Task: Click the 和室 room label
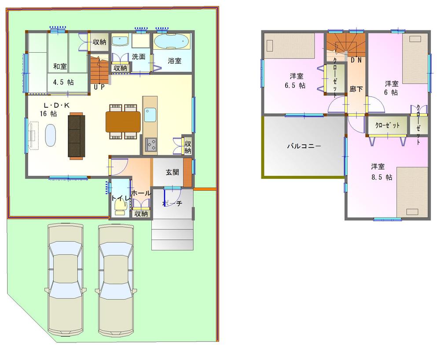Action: pyautogui.click(x=60, y=66)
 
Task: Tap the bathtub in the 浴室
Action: pyautogui.click(x=172, y=43)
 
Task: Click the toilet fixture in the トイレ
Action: pyautogui.click(x=120, y=208)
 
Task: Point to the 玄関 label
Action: pyautogui.click(x=172, y=172)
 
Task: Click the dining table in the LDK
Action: pyautogui.click(x=123, y=121)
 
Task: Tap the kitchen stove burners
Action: pyautogui.click(x=150, y=144)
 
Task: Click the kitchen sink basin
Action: pyautogui.click(x=150, y=115)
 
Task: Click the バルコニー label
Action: pyautogui.click(x=304, y=146)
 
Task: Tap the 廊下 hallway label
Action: pyautogui.click(x=356, y=89)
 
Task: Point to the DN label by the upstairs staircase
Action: pyautogui.click(x=356, y=61)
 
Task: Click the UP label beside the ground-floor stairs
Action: pyautogui.click(x=99, y=87)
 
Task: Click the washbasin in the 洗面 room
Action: pyautogui.click(x=119, y=41)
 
